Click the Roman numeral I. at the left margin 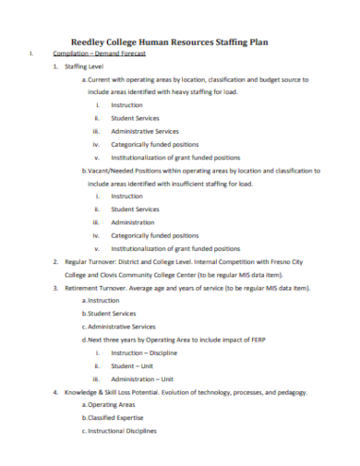coord(31,54)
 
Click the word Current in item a coord(102,80)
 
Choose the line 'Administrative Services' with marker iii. coord(144,131)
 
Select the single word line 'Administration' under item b coord(133,222)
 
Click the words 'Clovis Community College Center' coord(151,274)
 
